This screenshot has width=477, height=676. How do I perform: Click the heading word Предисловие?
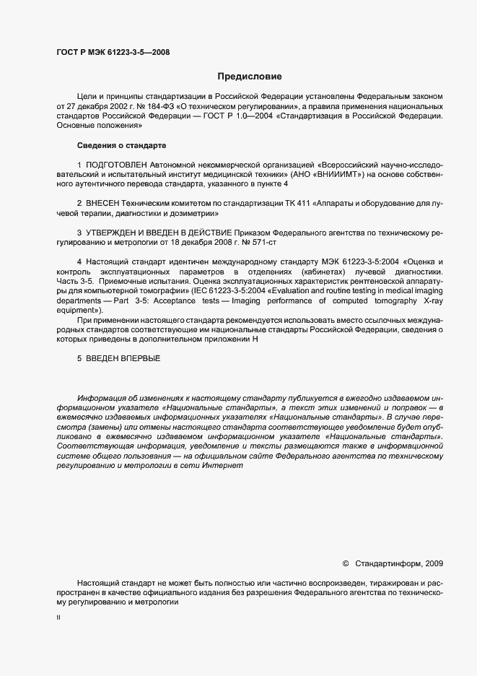point(250,76)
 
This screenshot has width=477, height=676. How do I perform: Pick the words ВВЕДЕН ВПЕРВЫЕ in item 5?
point(123,358)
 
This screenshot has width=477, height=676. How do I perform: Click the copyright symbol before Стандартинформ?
point(344,563)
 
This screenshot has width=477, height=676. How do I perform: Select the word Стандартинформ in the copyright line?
point(390,563)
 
